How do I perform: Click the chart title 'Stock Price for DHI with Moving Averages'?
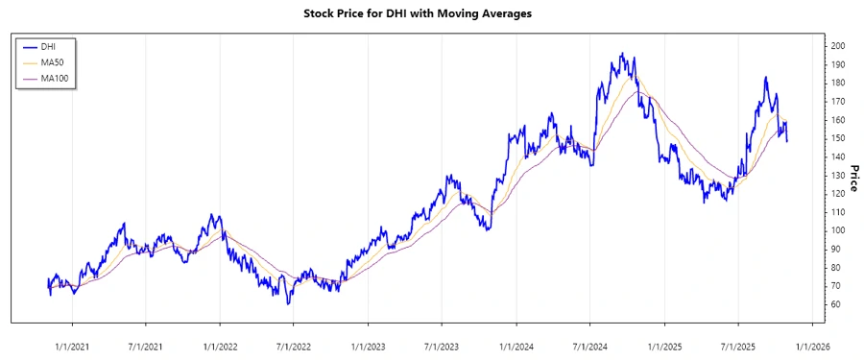coord(430,14)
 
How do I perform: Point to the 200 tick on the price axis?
coord(837,46)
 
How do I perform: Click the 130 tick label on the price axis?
coord(837,175)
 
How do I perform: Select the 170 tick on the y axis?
coord(837,101)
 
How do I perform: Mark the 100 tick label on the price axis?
coord(837,230)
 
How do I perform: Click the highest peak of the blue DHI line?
coord(622,54)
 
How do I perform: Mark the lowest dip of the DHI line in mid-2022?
coord(288,303)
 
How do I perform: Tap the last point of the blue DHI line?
coord(787,141)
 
